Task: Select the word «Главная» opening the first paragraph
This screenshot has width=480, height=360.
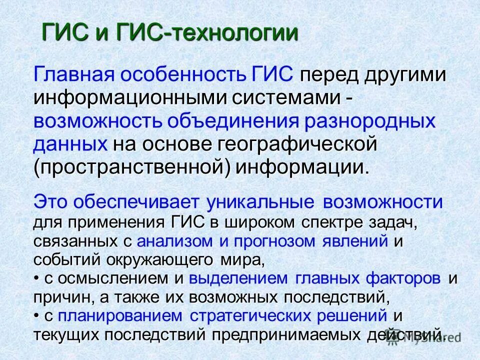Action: [x=71, y=75]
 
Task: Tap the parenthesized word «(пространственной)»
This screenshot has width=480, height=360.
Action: [x=132, y=166]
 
